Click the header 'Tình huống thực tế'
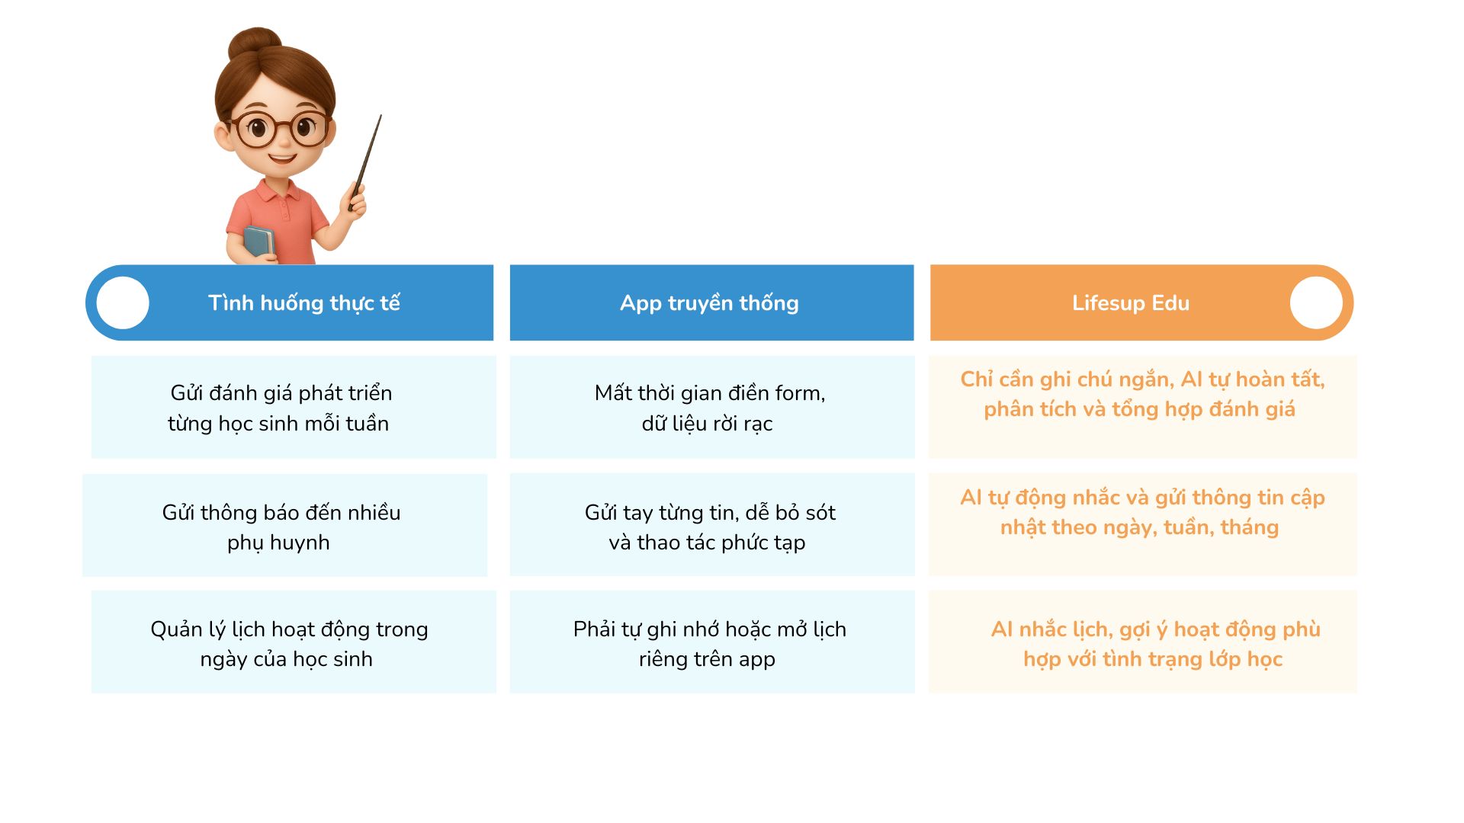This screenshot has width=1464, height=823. (304, 303)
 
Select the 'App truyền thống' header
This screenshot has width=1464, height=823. (709, 303)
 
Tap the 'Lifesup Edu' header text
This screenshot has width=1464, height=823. (1131, 303)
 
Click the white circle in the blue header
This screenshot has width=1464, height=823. (123, 303)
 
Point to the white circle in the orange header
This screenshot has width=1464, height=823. (1316, 303)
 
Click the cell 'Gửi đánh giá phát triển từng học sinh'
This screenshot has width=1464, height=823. (294, 407)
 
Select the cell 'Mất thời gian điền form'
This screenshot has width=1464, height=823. (712, 407)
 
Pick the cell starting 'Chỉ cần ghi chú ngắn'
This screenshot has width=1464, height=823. (1143, 407)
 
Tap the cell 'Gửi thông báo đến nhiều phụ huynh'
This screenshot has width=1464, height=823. (284, 525)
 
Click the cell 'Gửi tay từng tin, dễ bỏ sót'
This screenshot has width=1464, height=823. (712, 524)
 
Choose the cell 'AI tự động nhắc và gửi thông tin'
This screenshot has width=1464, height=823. (1143, 524)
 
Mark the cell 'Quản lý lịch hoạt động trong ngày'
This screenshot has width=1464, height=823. (294, 642)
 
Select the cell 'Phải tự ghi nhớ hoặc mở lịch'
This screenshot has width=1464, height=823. (712, 642)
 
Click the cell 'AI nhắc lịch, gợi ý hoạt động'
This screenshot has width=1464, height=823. (1143, 642)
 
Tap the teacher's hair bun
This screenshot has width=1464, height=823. (255, 44)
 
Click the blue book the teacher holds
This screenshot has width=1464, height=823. (259, 242)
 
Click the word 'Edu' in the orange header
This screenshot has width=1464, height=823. (1170, 303)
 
